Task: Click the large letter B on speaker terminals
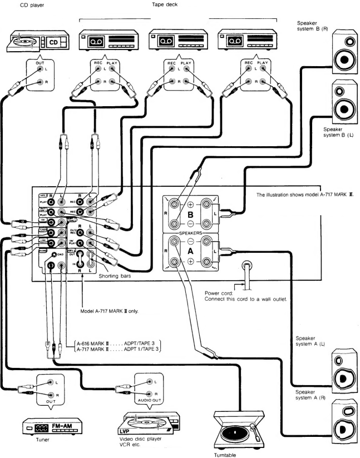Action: tap(189, 212)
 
